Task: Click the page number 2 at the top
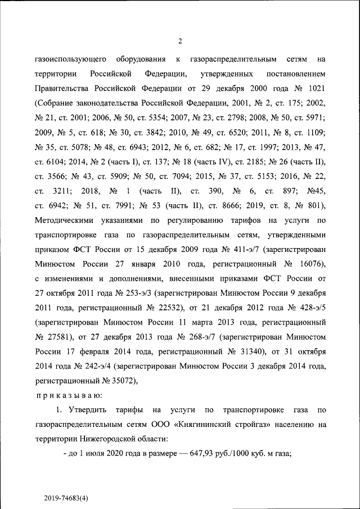tap(180, 40)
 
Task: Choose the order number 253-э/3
tap(134, 294)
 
